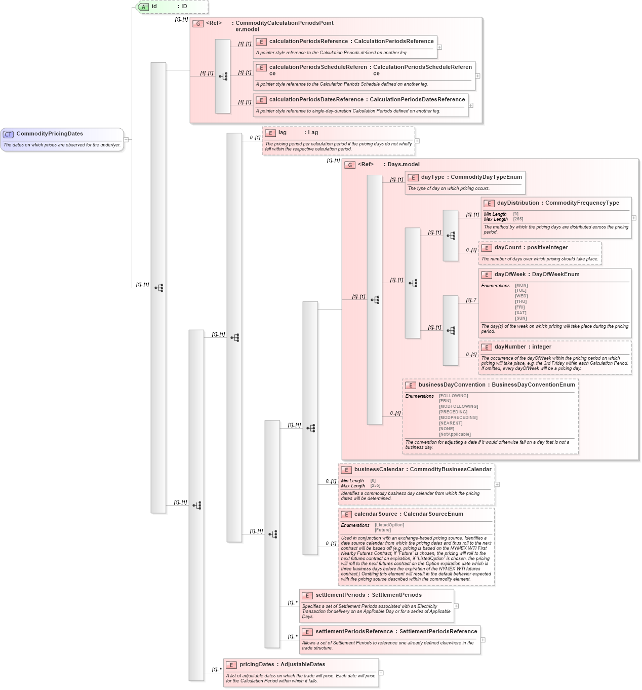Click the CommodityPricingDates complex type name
point(50,134)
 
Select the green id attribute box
point(173,7)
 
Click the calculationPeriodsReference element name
point(308,42)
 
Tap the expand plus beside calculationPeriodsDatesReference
point(471,105)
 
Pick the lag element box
point(338,140)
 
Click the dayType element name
point(432,177)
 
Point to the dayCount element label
point(507,248)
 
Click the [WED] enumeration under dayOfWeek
point(521,296)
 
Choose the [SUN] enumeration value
point(520,319)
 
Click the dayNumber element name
point(510,347)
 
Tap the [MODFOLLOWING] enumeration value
point(458,406)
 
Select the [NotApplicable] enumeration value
point(455,434)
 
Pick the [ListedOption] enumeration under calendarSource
point(389,525)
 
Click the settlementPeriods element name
point(340,595)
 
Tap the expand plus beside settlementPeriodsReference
point(483,640)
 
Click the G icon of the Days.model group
point(350,165)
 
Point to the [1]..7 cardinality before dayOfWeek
point(471,300)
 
